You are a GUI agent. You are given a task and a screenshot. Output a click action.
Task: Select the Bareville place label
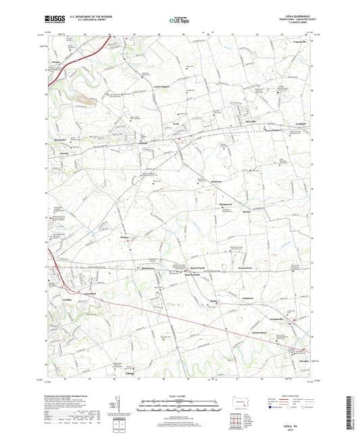point(251,122)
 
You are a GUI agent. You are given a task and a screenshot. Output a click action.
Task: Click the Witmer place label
point(125,238)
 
